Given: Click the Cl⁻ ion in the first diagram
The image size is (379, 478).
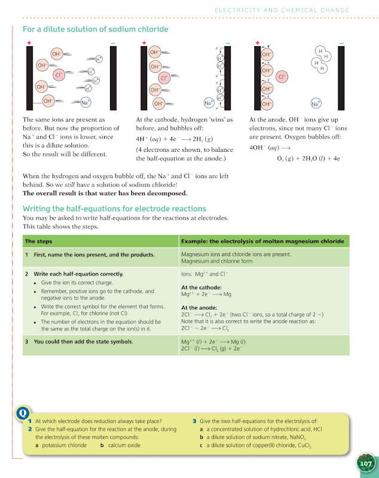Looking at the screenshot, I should pyautogui.click(x=59, y=75).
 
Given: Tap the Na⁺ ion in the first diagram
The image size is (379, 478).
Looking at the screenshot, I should pyautogui.click(x=85, y=102).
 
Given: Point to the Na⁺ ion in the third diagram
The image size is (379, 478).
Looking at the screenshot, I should pyautogui.click(x=316, y=103).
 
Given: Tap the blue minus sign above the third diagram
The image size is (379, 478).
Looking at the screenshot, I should pyautogui.click(x=341, y=43).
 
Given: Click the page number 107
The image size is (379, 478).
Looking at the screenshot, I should pyautogui.click(x=365, y=464).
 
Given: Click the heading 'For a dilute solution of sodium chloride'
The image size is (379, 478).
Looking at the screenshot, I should pyautogui.click(x=95, y=29).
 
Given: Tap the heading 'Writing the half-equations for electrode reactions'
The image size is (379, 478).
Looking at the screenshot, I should pyautogui.click(x=114, y=209).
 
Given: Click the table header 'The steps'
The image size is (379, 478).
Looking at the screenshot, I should pyautogui.click(x=38, y=241).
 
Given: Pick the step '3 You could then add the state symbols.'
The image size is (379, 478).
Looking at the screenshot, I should pyautogui.click(x=79, y=342).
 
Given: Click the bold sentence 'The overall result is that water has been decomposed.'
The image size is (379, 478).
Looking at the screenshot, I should pyautogui.click(x=105, y=193).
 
